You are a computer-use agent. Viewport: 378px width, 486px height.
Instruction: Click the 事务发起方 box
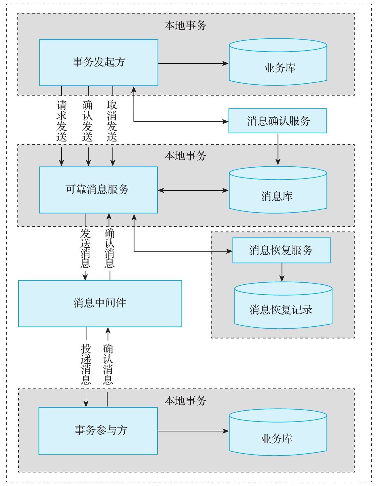(x=99, y=62)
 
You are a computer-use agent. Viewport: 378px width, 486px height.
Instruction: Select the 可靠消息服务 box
(x=99, y=190)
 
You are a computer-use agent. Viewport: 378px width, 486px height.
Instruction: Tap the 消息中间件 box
(x=100, y=304)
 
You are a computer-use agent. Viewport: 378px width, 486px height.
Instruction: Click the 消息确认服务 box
(x=277, y=121)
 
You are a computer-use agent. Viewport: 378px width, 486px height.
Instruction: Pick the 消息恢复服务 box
(x=281, y=250)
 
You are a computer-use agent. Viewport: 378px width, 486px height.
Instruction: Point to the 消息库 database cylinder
(x=278, y=190)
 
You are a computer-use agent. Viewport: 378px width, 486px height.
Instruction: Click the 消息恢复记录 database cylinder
(x=283, y=305)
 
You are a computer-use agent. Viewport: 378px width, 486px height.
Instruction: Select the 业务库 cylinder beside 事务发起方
(x=278, y=62)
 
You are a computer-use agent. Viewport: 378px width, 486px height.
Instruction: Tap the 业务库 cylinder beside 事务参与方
(x=278, y=432)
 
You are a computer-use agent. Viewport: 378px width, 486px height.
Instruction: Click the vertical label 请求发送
(x=62, y=121)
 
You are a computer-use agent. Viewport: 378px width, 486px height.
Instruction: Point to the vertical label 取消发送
(x=112, y=121)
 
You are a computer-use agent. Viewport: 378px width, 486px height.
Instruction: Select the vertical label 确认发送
(x=87, y=121)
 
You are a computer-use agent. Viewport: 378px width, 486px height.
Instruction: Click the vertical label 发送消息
(x=85, y=248)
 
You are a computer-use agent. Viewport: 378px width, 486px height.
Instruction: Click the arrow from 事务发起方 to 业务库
(x=193, y=63)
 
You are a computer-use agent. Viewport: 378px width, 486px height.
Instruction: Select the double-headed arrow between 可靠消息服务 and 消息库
(x=193, y=190)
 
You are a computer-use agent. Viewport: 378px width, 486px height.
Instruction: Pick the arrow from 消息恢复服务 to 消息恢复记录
(x=282, y=272)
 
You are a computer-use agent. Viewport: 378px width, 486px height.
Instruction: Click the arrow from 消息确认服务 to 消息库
(x=278, y=149)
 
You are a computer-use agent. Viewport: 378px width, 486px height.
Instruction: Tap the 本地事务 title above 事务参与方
(x=185, y=400)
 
